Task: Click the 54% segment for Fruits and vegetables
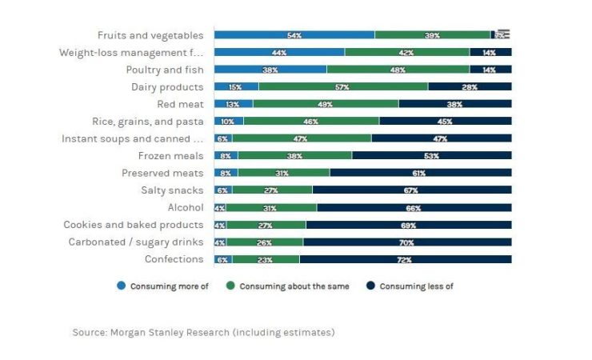pyautogui.click(x=294, y=35)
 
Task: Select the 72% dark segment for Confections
pyautogui.click(x=405, y=259)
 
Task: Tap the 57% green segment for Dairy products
pyautogui.click(x=342, y=86)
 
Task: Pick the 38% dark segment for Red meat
pyautogui.click(x=454, y=104)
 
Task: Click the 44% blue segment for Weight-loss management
pyautogui.click(x=279, y=52)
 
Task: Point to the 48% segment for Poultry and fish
pyautogui.click(x=398, y=70)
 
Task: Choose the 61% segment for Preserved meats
pyautogui.click(x=420, y=173)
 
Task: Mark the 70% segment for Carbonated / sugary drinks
pyautogui.click(x=407, y=242)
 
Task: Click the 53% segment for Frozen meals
pyautogui.click(x=431, y=156)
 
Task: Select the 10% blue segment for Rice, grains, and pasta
pyautogui.click(x=229, y=122)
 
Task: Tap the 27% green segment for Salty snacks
pyautogui.click(x=272, y=190)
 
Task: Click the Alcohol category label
pyautogui.click(x=185, y=208)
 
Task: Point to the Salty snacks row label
pyautogui.click(x=172, y=190)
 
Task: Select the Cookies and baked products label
pyautogui.click(x=134, y=225)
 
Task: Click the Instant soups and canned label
pyautogui.click(x=133, y=138)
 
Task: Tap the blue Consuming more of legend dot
pyautogui.click(x=121, y=286)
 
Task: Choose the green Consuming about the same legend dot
pyautogui.click(x=230, y=286)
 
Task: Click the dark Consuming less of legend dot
pyautogui.click(x=370, y=286)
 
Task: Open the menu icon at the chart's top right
pyautogui.click(x=503, y=34)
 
